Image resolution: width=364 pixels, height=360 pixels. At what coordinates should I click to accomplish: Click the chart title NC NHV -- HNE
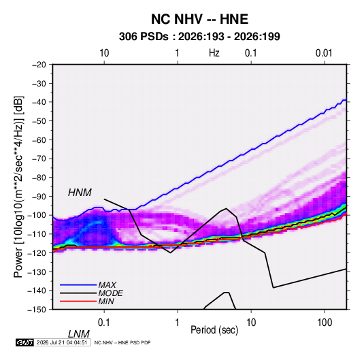(x=199, y=19)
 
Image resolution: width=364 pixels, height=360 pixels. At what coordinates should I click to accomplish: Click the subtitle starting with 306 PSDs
(x=199, y=37)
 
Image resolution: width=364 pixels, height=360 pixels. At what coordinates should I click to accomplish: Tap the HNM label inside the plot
(x=80, y=193)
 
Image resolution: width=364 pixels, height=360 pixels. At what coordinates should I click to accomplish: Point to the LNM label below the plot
(x=79, y=334)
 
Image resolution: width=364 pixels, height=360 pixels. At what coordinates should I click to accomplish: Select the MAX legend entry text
(x=107, y=284)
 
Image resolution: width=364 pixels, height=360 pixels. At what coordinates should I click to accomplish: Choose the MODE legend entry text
(x=110, y=293)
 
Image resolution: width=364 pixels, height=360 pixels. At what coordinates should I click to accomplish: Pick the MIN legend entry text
(x=106, y=301)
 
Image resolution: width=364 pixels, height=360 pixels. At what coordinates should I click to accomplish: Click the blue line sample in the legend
(x=78, y=284)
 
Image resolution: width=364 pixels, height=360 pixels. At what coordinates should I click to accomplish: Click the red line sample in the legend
(x=78, y=301)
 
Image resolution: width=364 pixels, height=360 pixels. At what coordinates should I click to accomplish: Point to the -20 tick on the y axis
(x=39, y=65)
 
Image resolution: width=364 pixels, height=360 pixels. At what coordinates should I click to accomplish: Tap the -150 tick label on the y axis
(x=37, y=309)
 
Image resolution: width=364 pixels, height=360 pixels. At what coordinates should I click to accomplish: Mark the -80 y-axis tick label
(x=39, y=178)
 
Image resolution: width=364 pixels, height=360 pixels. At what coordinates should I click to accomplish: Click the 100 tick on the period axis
(x=325, y=323)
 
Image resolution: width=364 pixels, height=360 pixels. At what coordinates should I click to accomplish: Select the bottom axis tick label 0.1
(x=104, y=323)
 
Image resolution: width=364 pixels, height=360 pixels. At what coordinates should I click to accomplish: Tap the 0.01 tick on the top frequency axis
(x=324, y=53)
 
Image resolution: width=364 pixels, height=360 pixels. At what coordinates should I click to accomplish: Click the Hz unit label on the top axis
(x=214, y=53)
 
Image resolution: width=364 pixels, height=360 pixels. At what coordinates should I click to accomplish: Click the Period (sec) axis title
(x=214, y=330)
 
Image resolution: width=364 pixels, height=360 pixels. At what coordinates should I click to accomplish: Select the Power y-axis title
(x=18, y=186)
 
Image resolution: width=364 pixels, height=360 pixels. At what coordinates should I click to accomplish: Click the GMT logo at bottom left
(x=25, y=342)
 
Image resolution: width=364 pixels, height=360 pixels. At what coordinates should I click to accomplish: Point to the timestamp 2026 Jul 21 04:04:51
(x=62, y=342)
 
